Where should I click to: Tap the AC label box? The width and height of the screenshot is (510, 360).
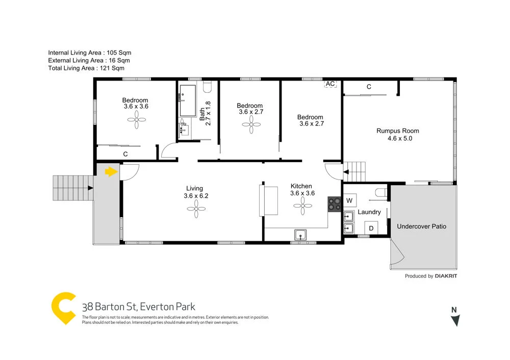pyautogui.click(x=330, y=84)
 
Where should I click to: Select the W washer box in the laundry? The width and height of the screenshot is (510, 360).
pyautogui.click(x=350, y=200)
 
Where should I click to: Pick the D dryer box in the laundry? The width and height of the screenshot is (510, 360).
pyautogui.click(x=371, y=228)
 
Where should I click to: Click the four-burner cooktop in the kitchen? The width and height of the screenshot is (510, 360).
pyautogui.click(x=335, y=204)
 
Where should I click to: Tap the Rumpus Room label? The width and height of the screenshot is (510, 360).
pyautogui.click(x=398, y=131)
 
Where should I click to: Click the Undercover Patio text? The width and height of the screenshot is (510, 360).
pyautogui.click(x=421, y=226)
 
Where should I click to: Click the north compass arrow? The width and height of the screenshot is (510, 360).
pyautogui.click(x=455, y=320)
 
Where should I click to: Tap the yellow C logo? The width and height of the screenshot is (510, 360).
pyautogui.click(x=65, y=308)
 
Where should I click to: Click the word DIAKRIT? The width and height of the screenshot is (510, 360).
pyautogui.click(x=446, y=276)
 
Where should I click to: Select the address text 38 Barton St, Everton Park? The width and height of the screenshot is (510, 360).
pyautogui.click(x=139, y=307)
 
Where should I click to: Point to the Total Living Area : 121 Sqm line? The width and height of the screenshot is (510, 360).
pyautogui.click(x=86, y=68)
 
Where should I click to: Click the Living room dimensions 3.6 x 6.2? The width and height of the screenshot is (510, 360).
pyautogui.click(x=194, y=195)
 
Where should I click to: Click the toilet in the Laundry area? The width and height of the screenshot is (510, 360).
pyautogui.click(x=379, y=192)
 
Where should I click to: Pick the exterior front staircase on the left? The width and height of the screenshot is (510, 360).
pyautogui.click(x=72, y=188)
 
